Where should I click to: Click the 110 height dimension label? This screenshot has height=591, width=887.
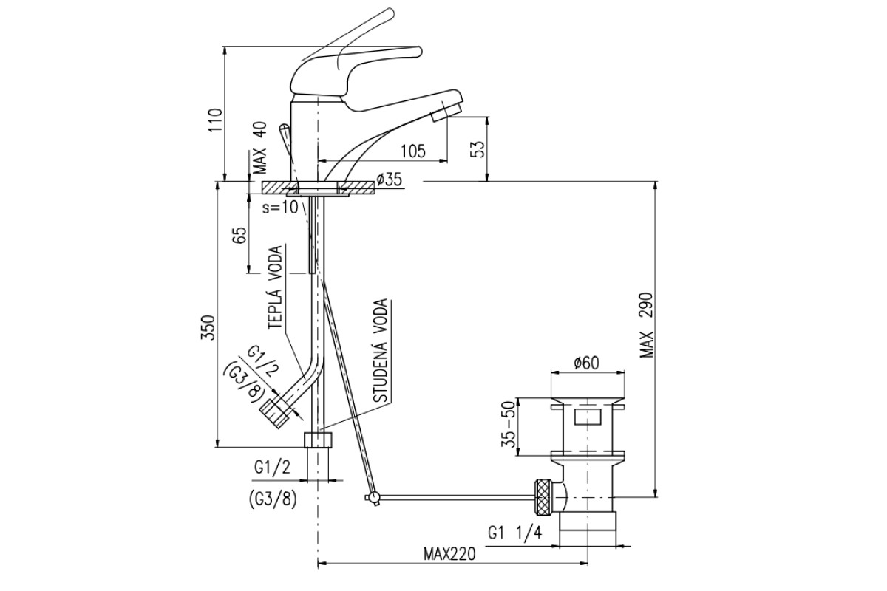[x=216, y=120]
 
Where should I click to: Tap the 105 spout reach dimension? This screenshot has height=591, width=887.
[x=413, y=151]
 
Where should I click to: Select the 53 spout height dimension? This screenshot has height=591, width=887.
[x=479, y=149]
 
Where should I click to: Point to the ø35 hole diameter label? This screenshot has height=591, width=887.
[x=389, y=180]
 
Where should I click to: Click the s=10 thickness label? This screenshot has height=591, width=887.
[x=280, y=208]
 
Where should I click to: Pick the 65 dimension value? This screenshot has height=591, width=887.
[x=240, y=235]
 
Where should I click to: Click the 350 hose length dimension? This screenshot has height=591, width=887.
[x=208, y=328]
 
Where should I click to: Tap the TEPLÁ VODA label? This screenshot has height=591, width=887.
[x=276, y=287]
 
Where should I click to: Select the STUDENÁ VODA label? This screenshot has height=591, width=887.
[x=381, y=351]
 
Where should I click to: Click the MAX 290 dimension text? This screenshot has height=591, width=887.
[x=647, y=325]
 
